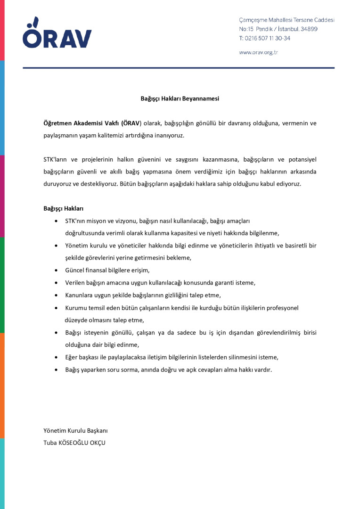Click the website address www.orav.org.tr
pyautogui.click(x=258, y=53)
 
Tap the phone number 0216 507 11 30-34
pyautogui.click(x=267, y=38)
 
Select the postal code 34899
pyautogui.click(x=308, y=29)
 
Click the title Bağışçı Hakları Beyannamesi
pyautogui.click(x=180, y=99)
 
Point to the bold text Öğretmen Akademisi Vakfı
pyautogui.click(x=81, y=123)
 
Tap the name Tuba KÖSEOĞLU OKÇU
pyautogui.click(x=74, y=443)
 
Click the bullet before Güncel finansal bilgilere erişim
pyautogui.click(x=57, y=271)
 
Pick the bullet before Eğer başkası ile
pyautogui.click(x=57, y=357)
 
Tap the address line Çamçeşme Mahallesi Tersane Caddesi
pyautogui.click(x=286, y=20)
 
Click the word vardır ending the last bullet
pyautogui.click(x=263, y=369)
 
